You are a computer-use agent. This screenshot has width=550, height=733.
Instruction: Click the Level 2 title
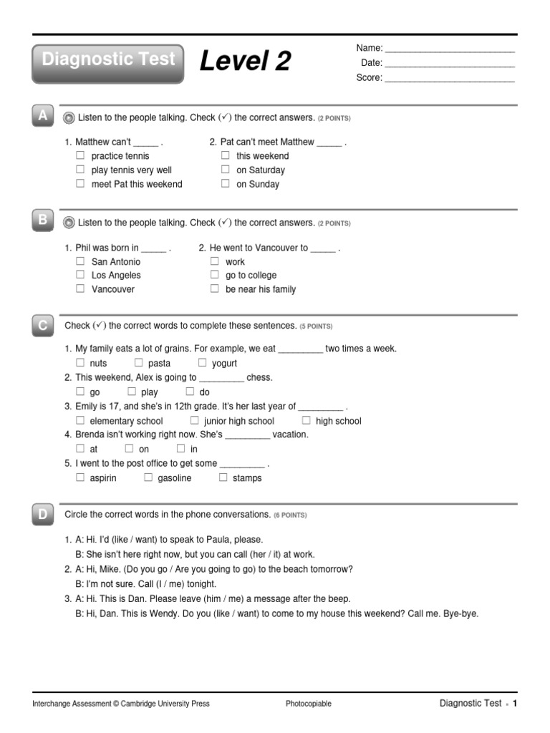(x=245, y=62)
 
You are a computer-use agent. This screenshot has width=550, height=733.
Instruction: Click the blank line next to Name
(x=450, y=51)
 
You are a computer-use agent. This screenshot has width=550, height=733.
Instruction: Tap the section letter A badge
(x=44, y=117)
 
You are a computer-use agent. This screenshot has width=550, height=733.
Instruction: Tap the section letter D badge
(x=44, y=514)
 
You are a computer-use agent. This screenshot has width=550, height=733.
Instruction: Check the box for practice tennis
(x=80, y=155)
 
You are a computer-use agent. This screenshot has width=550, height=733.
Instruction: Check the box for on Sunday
(x=226, y=183)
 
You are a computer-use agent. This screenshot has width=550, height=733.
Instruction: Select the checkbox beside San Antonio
(x=80, y=261)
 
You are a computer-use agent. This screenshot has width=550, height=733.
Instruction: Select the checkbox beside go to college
(x=214, y=275)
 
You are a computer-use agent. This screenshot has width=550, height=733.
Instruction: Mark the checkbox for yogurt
(x=202, y=363)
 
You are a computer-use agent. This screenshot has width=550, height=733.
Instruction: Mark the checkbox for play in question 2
(x=132, y=392)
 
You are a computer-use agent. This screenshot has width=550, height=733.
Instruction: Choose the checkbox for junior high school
(x=194, y=420)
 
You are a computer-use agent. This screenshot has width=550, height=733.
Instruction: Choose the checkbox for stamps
(x=223, y=477)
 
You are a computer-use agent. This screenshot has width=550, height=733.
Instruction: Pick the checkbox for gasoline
(x=148, y=477)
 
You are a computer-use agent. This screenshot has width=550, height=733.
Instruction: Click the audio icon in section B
(x=69, y=223)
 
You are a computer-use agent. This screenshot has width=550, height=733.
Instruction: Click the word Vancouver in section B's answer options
(x=112, y=289)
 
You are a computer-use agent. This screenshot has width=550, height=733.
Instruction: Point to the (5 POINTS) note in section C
(x=316, y=326)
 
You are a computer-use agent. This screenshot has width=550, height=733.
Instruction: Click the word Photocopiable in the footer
(x=309, y=704)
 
